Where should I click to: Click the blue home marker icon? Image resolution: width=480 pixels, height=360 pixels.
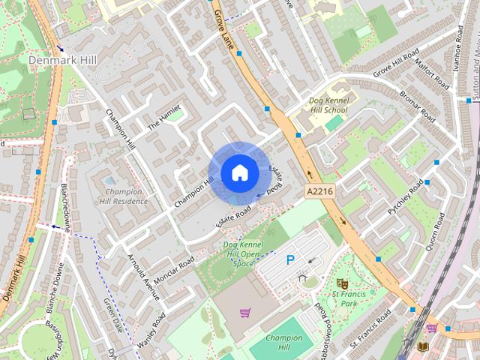[239, 173]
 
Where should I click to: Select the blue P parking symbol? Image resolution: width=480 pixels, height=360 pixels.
[290, 260]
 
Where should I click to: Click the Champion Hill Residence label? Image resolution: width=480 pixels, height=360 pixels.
[122, 196]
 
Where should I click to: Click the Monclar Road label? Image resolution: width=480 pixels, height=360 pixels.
[175, 266]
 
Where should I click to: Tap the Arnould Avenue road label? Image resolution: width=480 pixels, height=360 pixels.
[143, 277]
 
